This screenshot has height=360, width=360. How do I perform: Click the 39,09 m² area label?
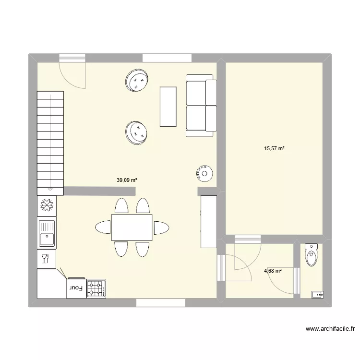coord(127,180)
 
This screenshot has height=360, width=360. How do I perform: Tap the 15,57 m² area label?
coord(274,149)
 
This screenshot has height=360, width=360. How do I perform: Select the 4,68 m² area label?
coord(273,271)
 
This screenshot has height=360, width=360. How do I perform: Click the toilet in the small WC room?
coord(311,254)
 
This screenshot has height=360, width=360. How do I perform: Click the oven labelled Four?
coord(76,288)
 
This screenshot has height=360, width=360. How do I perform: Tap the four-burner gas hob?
coord(96,288)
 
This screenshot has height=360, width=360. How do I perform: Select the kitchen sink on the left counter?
coord(47,234)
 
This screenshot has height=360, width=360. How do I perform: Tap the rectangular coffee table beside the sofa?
coord(168,106)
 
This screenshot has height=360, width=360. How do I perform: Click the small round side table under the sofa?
coord(204,173)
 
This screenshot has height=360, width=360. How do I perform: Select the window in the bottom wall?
coord(161,302)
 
